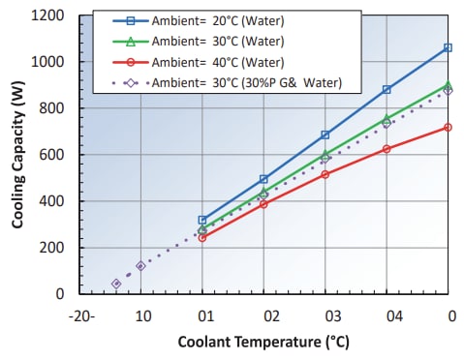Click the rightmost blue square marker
coord(448,47)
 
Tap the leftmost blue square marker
coord(202,220)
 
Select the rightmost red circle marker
coord(448,127)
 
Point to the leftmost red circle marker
coord(202,237)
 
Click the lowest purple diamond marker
coord(116,284)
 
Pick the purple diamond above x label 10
coord(140,265)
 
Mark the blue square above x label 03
coord(325,135)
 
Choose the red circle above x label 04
coord(387,149)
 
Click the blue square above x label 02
coord(263,179)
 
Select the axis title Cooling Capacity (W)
coord(18,155)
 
